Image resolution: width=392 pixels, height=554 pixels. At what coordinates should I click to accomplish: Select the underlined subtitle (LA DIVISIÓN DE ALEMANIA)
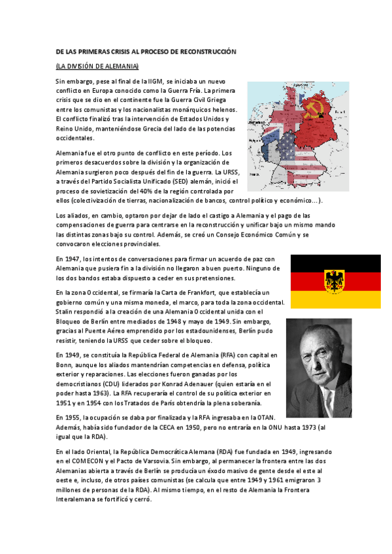pyautogui.click(x=97, y=67)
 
